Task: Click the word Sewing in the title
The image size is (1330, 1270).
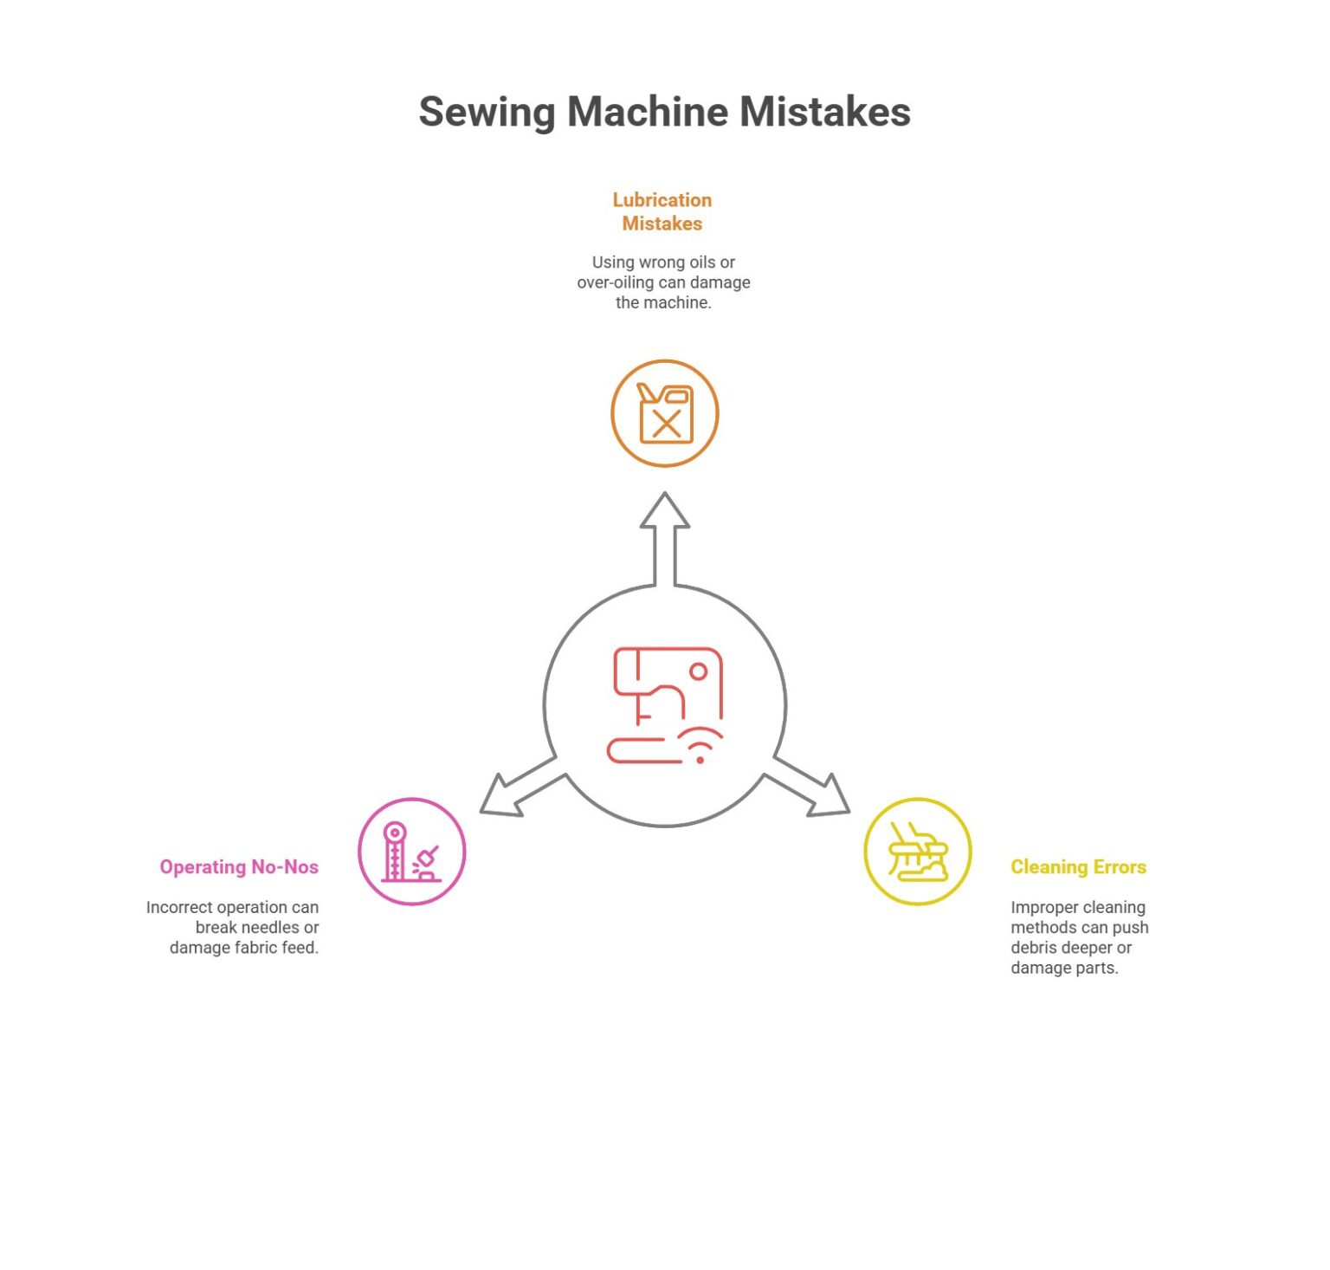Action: [x=486, y=113]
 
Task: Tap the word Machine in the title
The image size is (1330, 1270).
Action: [x=648, y=112]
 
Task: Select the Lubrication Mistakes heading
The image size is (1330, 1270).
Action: [x=662, y=211]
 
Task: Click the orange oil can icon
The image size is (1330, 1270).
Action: [x=665, y=413]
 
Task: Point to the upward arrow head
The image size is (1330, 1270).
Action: [x=665, y=511]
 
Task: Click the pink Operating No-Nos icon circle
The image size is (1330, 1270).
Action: [x=412, y=852]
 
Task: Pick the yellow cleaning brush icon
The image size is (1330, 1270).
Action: [x=918, y=852]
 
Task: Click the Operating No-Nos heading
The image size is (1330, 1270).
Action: [x=239, y=867]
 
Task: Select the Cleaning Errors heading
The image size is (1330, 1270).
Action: [x=1078, y=867]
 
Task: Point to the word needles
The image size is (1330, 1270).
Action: [x=266, y=928]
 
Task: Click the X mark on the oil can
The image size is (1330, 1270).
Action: [x=667, y=424]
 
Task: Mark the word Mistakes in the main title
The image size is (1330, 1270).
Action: [x=824, y=112]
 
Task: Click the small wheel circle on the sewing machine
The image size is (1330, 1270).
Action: [x=699, y=671]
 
